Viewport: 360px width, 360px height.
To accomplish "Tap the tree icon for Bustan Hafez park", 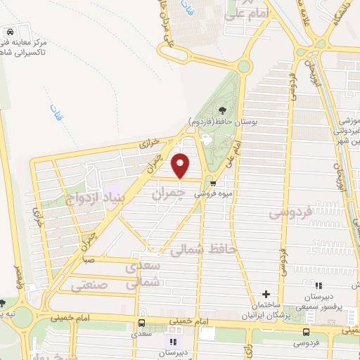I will pyautogui.click(x=222, y=110).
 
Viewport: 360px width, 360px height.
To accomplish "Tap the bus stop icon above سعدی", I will pyautogui.click(x=143, y=323).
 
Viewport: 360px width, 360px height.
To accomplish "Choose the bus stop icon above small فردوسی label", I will pyautogui.click(x=305, y=332).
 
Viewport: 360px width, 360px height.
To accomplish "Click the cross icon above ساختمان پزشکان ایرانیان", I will pyautogui.click(x=266, y=293).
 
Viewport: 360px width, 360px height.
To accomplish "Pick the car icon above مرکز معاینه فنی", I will pyautogui.click(x=11, y=33).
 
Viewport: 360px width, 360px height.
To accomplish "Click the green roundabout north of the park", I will pyautogui.click(x=243, y=67).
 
